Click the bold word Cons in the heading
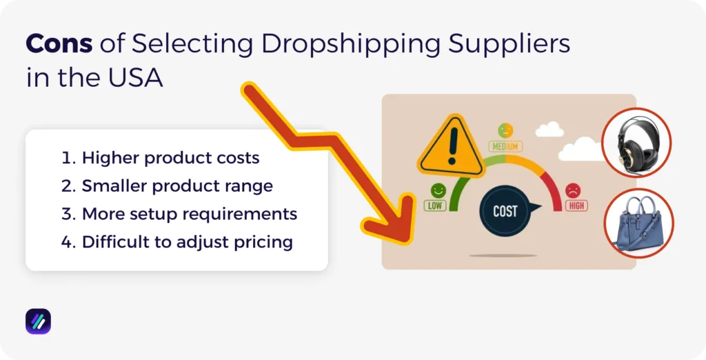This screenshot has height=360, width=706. [x=59, y=45]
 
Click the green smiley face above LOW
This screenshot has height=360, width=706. [x=437, y=190]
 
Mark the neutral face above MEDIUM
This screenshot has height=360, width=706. [x=505, y=130]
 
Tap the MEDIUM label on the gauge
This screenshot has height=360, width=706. [x=505, y=146]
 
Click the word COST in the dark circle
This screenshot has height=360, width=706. [x=505, y=210]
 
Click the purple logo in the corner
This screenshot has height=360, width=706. [x=38, y=321]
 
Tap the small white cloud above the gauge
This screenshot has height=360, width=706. [x=549, y=129]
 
